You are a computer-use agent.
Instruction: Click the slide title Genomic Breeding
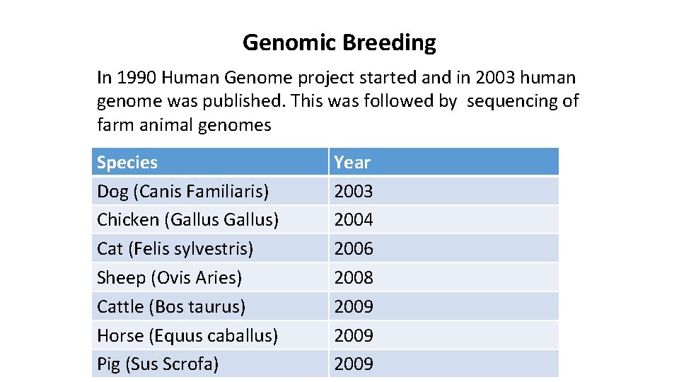[339, 43]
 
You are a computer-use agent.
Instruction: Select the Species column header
[127, 162]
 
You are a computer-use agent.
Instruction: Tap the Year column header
[352, 162]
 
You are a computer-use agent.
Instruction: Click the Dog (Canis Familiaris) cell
[182, 191]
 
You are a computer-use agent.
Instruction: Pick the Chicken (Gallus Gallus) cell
[187, 220]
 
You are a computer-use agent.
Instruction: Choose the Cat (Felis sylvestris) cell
[175, 249]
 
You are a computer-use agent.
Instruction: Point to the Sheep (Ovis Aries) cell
[169, 278]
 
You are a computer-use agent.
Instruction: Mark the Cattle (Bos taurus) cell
[171, 307]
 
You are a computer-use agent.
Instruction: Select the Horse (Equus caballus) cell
[187, 336]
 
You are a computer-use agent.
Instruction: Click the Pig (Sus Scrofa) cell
[158, 364]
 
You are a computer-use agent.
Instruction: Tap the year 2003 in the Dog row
[354, 191]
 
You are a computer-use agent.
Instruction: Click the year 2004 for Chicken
[354, 220]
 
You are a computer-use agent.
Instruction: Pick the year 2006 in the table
[354, 249]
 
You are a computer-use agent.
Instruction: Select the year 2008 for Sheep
[354, 278]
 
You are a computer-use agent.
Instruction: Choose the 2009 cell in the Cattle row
[354, 307]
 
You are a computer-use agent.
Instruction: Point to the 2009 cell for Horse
[354, 336]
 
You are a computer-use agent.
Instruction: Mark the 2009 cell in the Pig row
[354, 364]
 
